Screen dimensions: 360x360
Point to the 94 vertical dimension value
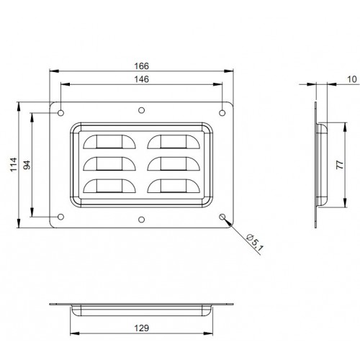pyautogui.click(x=27, y=164)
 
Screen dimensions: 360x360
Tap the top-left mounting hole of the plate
pyautogui.click(x=61, y=112)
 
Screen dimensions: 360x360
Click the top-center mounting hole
pyautogui.click(x=141, y=111)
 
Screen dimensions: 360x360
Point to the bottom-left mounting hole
pyautogui.click(x=61, y=217)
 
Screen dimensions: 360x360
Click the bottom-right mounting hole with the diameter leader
pyautogui.click(x=222, y=217)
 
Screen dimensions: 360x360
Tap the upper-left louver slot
pyautogui.click(x=108, y=140)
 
